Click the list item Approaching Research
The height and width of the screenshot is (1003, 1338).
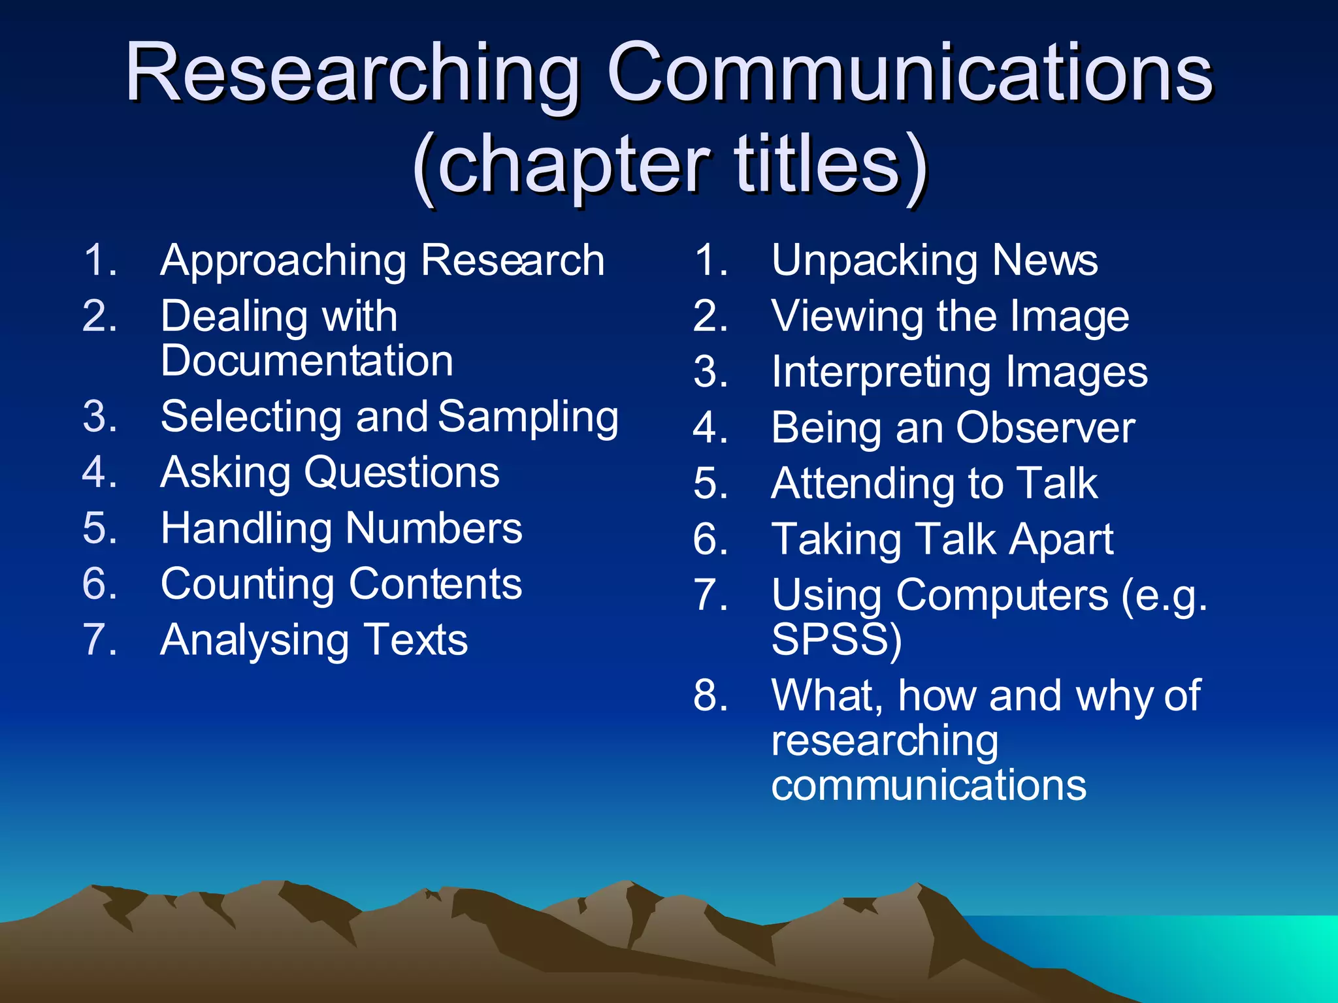[382, 261]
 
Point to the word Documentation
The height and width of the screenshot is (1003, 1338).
[307, 361]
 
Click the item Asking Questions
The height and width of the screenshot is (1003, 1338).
[330, 473]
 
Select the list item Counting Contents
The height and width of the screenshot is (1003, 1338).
[341, 584]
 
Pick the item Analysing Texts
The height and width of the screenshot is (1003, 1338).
[314, 640]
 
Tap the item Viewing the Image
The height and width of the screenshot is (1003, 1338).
[950, 317]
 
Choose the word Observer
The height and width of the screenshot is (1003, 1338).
[1045, 428]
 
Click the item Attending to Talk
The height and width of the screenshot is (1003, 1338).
[934, 484]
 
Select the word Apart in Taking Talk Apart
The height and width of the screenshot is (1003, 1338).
[1061, 540]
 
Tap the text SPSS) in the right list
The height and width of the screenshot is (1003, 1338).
[836, 639]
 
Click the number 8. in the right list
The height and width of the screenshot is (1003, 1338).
[711, 695]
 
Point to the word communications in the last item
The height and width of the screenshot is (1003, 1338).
[928, 785]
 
